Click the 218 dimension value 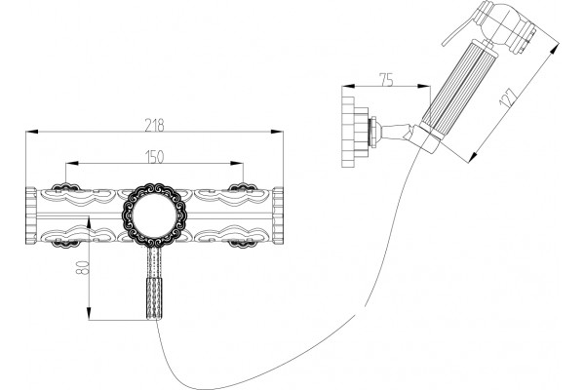[x=154, y=126]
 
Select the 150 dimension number [x=154, y=157]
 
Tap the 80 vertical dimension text [x=82, y=266]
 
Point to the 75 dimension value [x=386, y=80]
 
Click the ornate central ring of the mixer [x=154, y=215]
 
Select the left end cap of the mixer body [x=31, y=215]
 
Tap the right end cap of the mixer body [x=278, y=215]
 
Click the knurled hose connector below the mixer [x=154, y=298]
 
